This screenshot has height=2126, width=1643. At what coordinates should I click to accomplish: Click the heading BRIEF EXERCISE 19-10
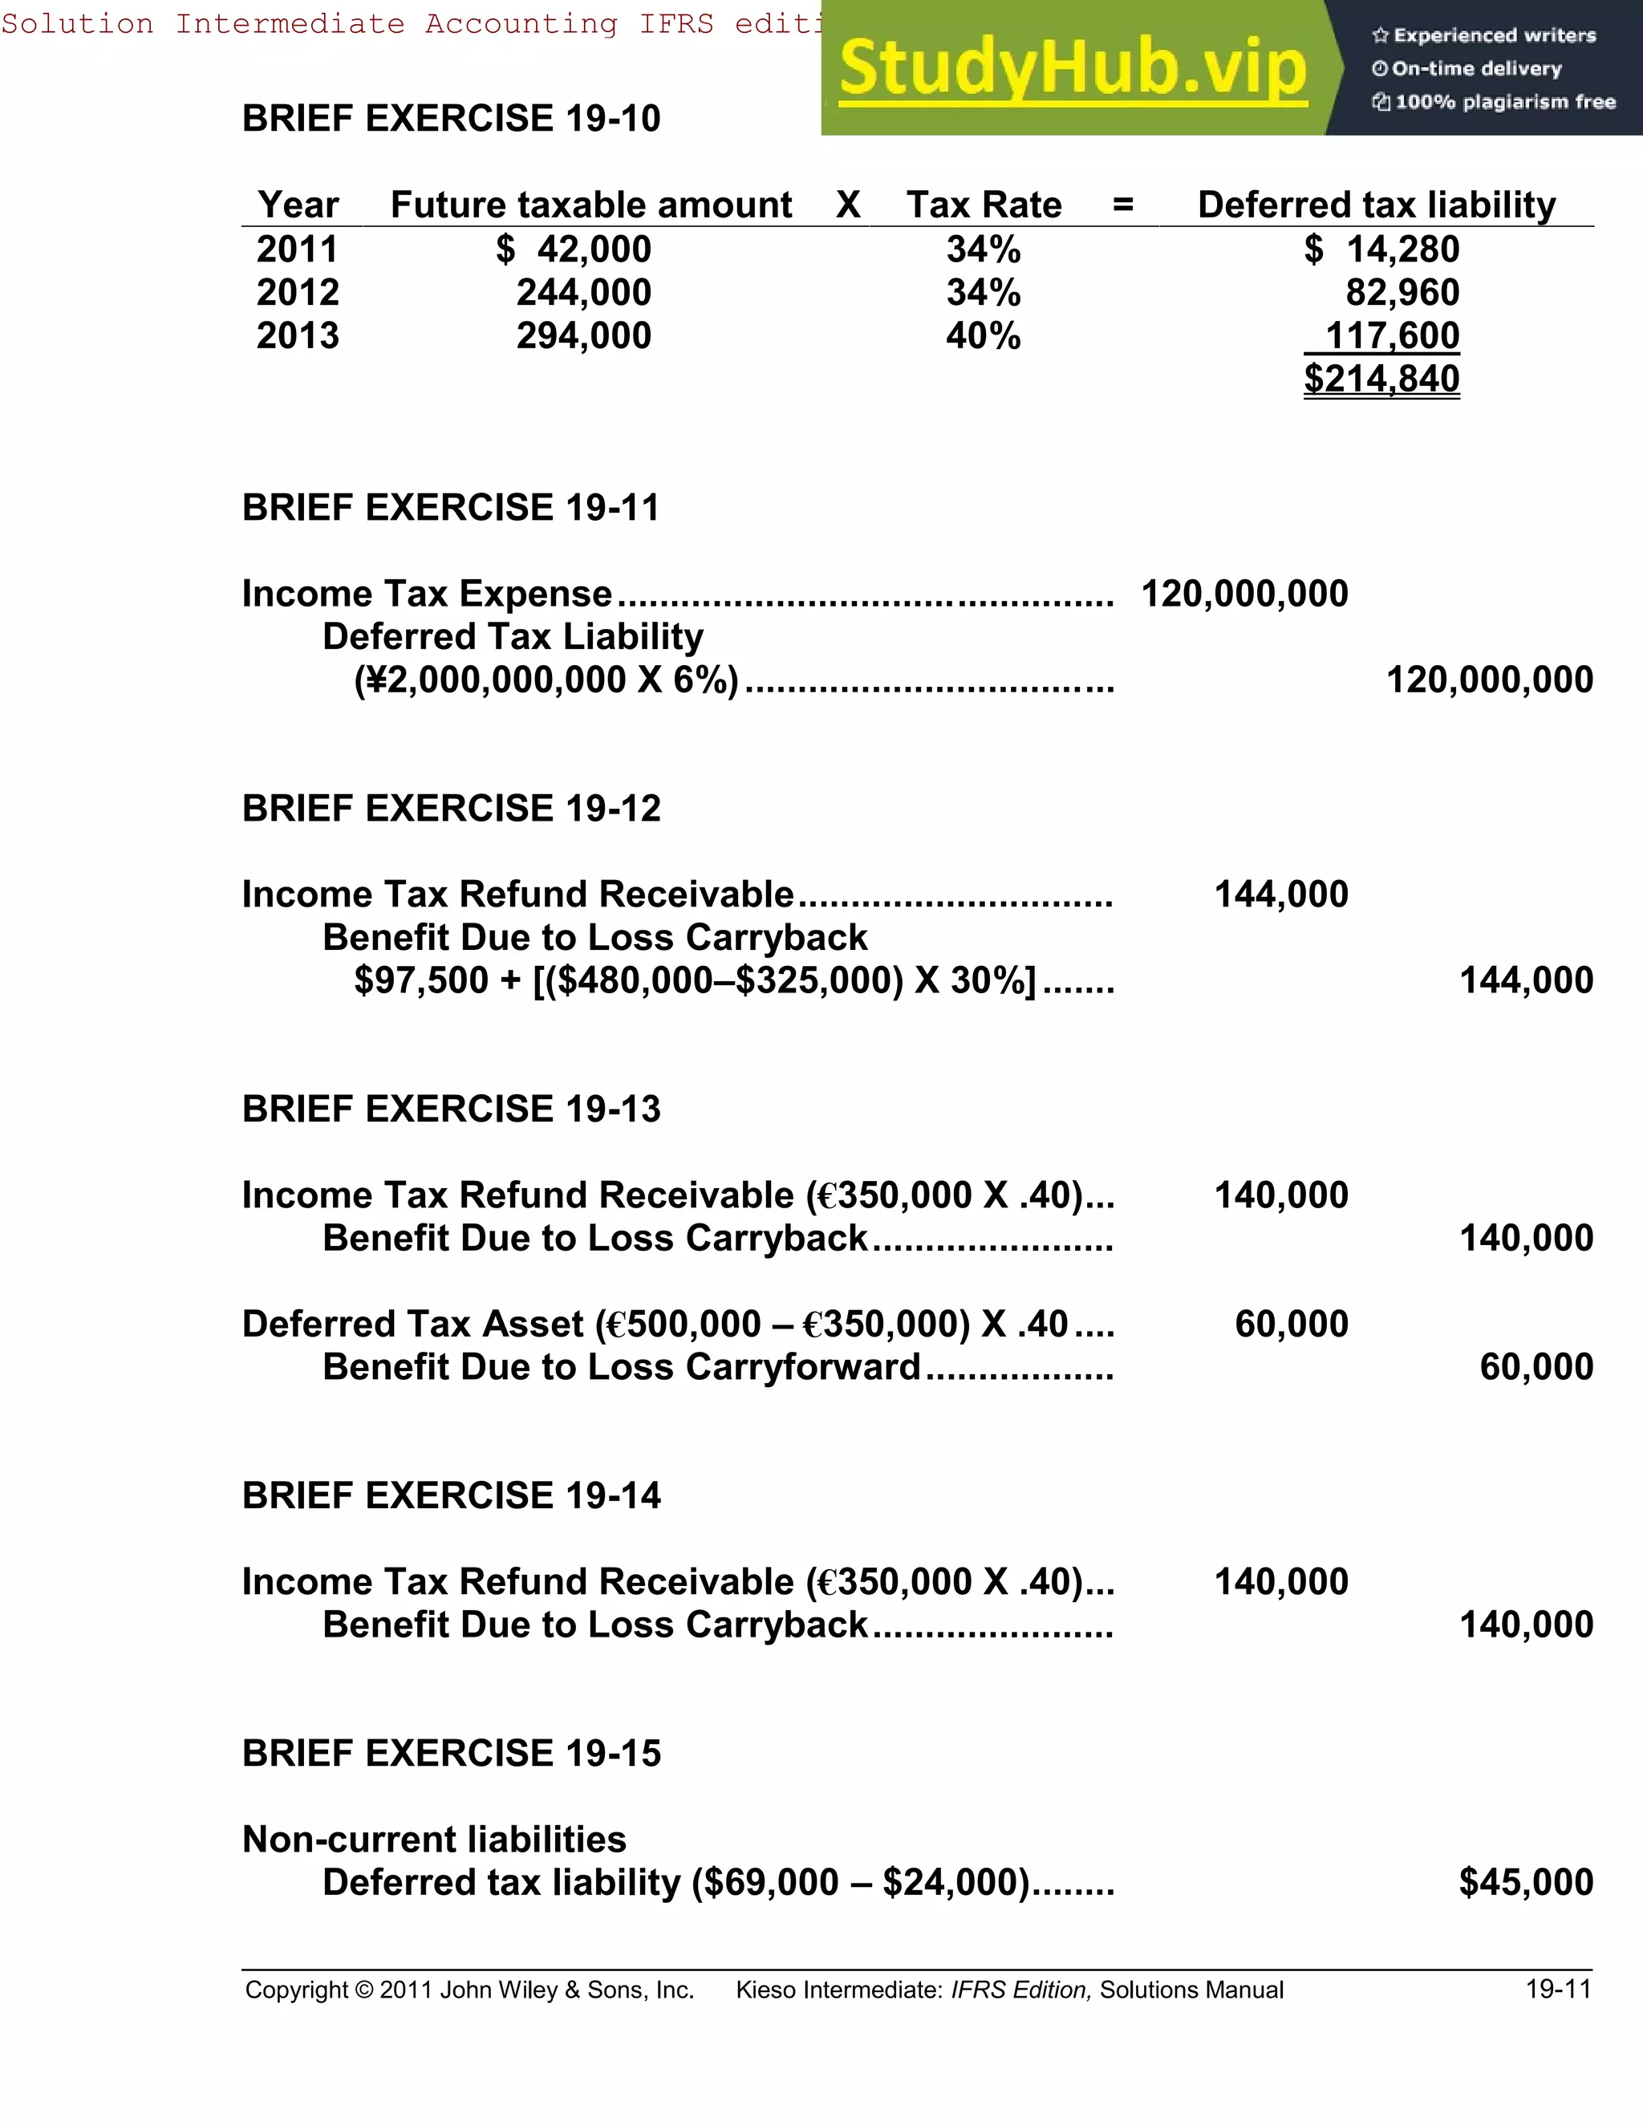point(451,119)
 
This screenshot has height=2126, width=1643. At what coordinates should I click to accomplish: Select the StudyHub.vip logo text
point(1072,68)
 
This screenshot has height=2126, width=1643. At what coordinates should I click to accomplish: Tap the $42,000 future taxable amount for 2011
point(574,250)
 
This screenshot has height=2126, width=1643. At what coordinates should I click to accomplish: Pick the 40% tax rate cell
point(983,336)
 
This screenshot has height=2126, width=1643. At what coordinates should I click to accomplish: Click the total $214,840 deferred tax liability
point(1381,378)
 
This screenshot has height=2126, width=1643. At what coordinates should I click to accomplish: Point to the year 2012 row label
point(298,292)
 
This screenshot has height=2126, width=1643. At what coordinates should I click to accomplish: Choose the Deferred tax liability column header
point(1377,205)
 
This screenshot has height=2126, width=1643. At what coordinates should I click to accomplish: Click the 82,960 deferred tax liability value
point(1402,292)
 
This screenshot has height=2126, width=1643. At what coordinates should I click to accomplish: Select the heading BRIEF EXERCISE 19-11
point(451,507)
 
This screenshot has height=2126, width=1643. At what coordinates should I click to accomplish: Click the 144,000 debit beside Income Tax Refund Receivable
point(1281,894)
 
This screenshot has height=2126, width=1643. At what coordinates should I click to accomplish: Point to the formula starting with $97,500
point(695,980)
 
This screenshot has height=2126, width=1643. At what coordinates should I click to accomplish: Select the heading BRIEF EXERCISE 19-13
point(451,1109)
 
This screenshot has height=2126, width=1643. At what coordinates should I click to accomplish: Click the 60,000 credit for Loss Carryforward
point(1536,1367)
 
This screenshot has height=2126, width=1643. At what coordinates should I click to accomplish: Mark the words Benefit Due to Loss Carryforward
point(621,1367)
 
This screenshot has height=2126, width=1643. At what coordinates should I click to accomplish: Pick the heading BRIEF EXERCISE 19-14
point(451,1495)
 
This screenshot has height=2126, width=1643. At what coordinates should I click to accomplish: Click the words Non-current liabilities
point(434,1839)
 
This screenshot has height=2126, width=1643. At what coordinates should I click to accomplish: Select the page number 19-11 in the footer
point(1557,1989)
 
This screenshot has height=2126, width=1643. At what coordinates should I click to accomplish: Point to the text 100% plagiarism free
point(1504,102)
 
